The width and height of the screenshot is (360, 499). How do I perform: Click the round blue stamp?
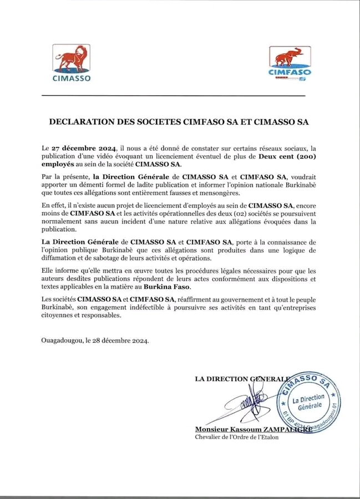coord(308,399)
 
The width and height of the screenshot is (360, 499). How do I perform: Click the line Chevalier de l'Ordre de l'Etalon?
coord(237,437)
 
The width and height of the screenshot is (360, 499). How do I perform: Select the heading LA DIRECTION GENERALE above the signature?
coord(242,379)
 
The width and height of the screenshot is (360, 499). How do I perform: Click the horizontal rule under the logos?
coord(173,95)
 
